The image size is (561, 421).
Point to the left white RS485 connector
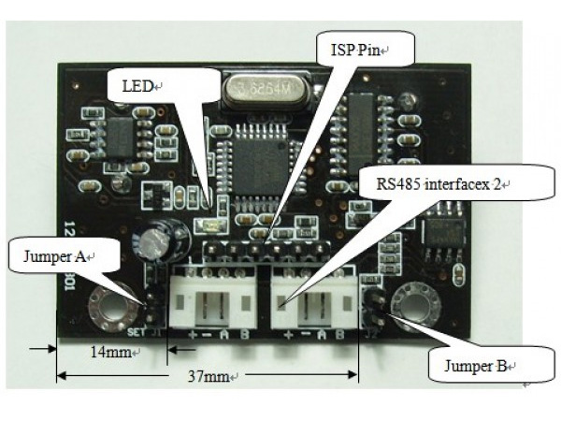pyautogui.click(x=218, y=298)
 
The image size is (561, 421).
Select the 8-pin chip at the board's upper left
pyautogui.click(x=119, y=138)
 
